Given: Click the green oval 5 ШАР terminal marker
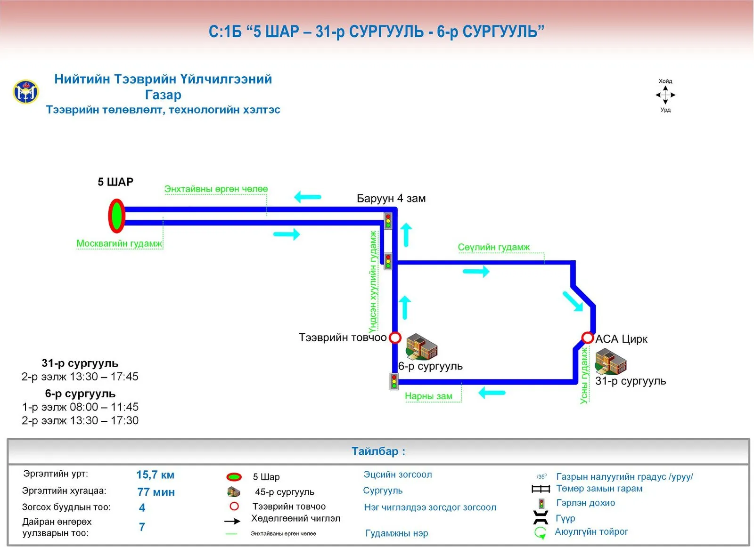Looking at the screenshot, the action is point(116,216).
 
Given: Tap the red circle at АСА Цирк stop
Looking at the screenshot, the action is point(587,338).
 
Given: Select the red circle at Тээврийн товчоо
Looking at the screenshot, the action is point(395,337).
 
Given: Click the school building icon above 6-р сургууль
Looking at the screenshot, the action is point(421,346).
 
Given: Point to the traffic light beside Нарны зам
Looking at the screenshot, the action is point(394,382).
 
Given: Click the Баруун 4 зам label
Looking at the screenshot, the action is point(391,198).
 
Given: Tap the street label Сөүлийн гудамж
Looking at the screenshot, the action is point(493,247).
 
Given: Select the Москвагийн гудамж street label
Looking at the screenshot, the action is point(119,243).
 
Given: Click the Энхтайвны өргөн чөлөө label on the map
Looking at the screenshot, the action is point(216,189).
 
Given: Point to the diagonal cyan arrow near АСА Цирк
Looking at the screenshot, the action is point(573,301).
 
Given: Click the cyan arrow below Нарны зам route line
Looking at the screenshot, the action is point(492,392).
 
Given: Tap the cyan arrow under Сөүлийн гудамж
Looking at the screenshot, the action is point(476,271).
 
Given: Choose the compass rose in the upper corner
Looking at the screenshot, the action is point(665,95).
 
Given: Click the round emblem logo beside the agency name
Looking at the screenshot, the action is point(26,92).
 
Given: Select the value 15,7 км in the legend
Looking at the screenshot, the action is point(155,475).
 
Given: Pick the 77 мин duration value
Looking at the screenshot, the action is point(156,492).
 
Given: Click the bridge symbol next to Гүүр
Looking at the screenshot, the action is point(541,517).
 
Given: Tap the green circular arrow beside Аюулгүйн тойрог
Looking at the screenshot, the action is point(540,533).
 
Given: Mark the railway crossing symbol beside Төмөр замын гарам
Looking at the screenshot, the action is point(541,489).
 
